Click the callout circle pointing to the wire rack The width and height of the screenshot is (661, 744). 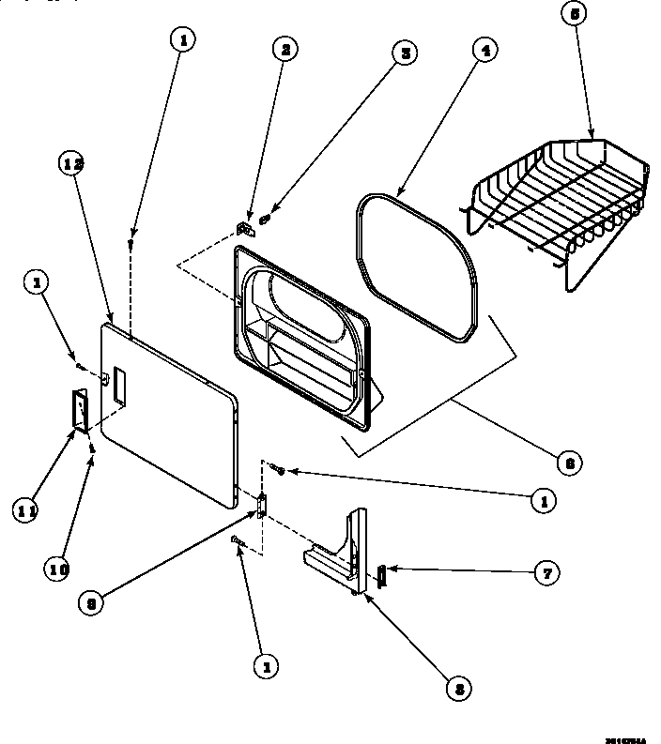[573, 13]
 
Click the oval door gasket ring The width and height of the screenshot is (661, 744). [419, 266]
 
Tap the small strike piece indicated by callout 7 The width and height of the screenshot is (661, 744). [381, 576]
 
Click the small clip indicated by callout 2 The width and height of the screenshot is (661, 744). [246, 227]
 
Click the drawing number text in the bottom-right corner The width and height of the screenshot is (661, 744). [620, 737]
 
